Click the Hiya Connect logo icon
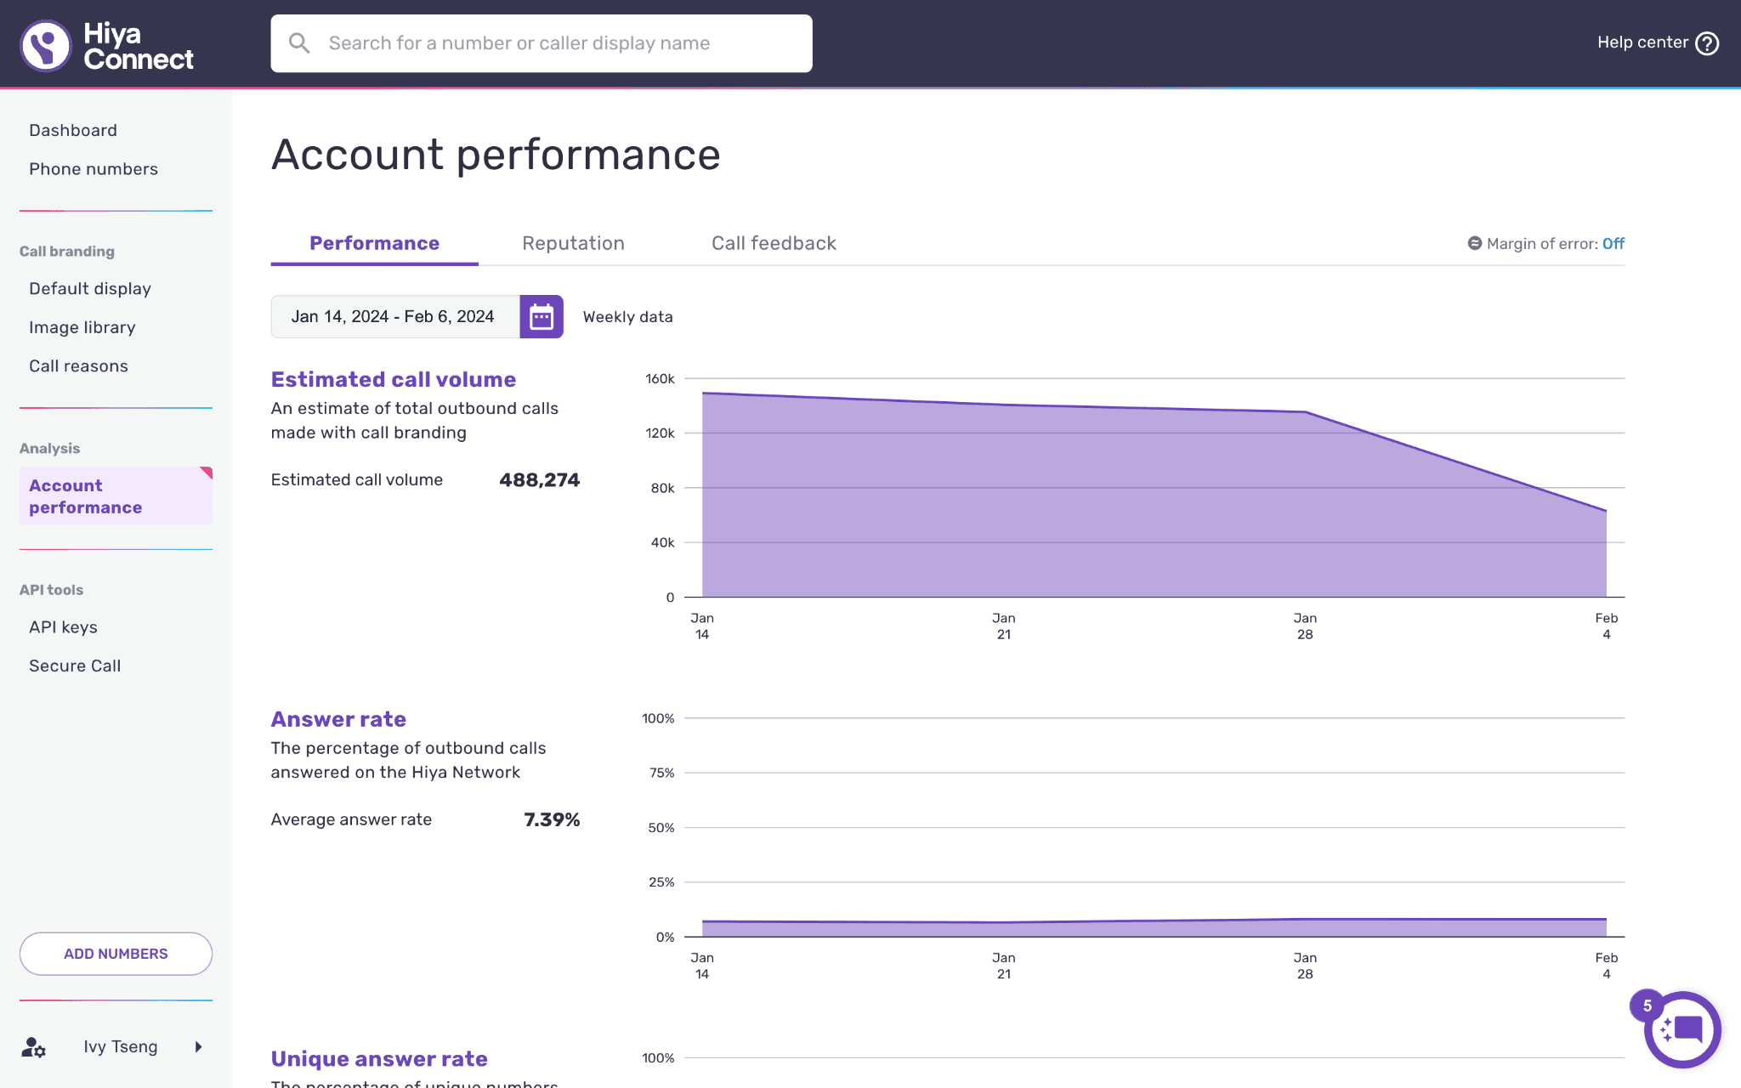click(x=46, y=45)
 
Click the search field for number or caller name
click(x=542, y=43)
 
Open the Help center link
click(x=1658, y=42)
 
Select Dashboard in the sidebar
click(x=73, y=130)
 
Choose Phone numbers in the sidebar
click(x=94, y=169)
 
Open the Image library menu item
click(x=82, y=327)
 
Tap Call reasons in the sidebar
click(x=78, y=366)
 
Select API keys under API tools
click(x=63, y=627)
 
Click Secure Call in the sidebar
click(x=75, y=666)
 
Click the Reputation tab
click(x=573, y=243)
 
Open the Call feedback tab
click(x=774, y=243)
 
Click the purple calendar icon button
click(x=542, y=317)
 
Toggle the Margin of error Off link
click(x=1613, y=244)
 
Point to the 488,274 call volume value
click(x=540, y=480)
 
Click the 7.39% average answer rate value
click(x=552, y=820)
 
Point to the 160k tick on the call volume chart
click(x=660, y=378)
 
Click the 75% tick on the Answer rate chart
click(x=661, y=773)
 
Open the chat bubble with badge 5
click(x=1681, y=1029)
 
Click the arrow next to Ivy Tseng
click(x=198, y=1047)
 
